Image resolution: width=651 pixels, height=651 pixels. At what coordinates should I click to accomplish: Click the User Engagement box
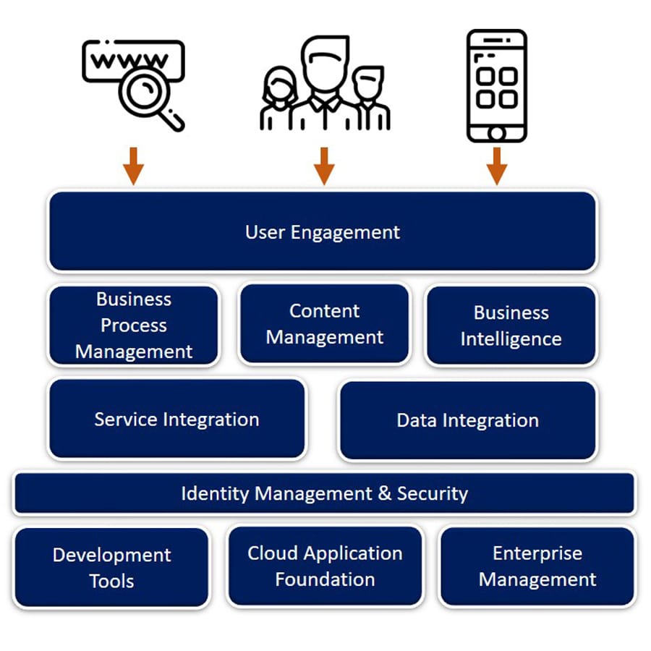(x=323, y=231)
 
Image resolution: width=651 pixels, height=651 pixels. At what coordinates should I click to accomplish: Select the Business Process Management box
(x=134, y=325)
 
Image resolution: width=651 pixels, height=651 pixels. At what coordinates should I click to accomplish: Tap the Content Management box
(x=324, y=323)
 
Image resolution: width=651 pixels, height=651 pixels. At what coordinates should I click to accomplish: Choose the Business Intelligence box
(x=511, y=325)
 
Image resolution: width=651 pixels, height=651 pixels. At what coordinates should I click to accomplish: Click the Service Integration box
(x=176, y=419)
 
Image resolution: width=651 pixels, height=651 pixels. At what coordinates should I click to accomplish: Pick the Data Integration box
(x=467, y=420)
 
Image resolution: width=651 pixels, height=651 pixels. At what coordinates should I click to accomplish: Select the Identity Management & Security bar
(x=324, y=493)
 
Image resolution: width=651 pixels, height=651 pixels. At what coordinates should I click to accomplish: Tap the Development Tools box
(x=111, y=567)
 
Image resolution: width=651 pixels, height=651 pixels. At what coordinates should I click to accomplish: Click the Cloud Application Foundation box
(x=324, y=566)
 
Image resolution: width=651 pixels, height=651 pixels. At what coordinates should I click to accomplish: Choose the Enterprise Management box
(x=537, y=566)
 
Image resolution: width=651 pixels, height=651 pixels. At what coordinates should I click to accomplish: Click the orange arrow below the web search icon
(x=133, y=166)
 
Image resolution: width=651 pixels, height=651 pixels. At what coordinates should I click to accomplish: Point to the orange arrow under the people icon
(x=323, y=166)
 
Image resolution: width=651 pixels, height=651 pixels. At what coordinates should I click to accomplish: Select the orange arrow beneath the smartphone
(x=496, y=166)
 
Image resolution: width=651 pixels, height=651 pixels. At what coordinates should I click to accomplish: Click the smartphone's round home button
(x=496, y=132)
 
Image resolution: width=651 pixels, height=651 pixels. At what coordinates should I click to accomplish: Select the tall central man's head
(x=324, y=61)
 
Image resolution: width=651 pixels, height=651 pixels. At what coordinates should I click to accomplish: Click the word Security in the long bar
(x=433, y=493)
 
